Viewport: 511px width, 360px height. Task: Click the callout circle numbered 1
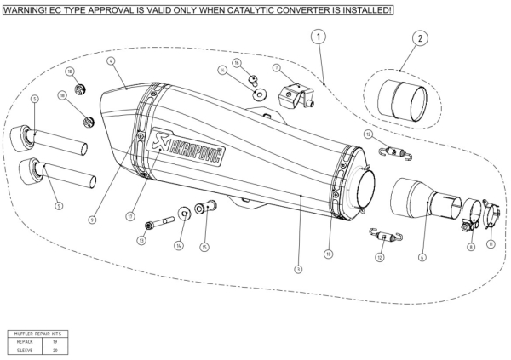(x=317, y=37)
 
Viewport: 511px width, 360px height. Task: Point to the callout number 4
(x=112, y=61)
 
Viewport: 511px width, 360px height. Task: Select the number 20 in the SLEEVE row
(x=55, y=349)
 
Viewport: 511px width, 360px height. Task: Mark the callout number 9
(x=91, y=220)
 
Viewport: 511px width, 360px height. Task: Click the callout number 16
(x=238, y=63)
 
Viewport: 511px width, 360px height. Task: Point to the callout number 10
(x=328, y=254)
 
